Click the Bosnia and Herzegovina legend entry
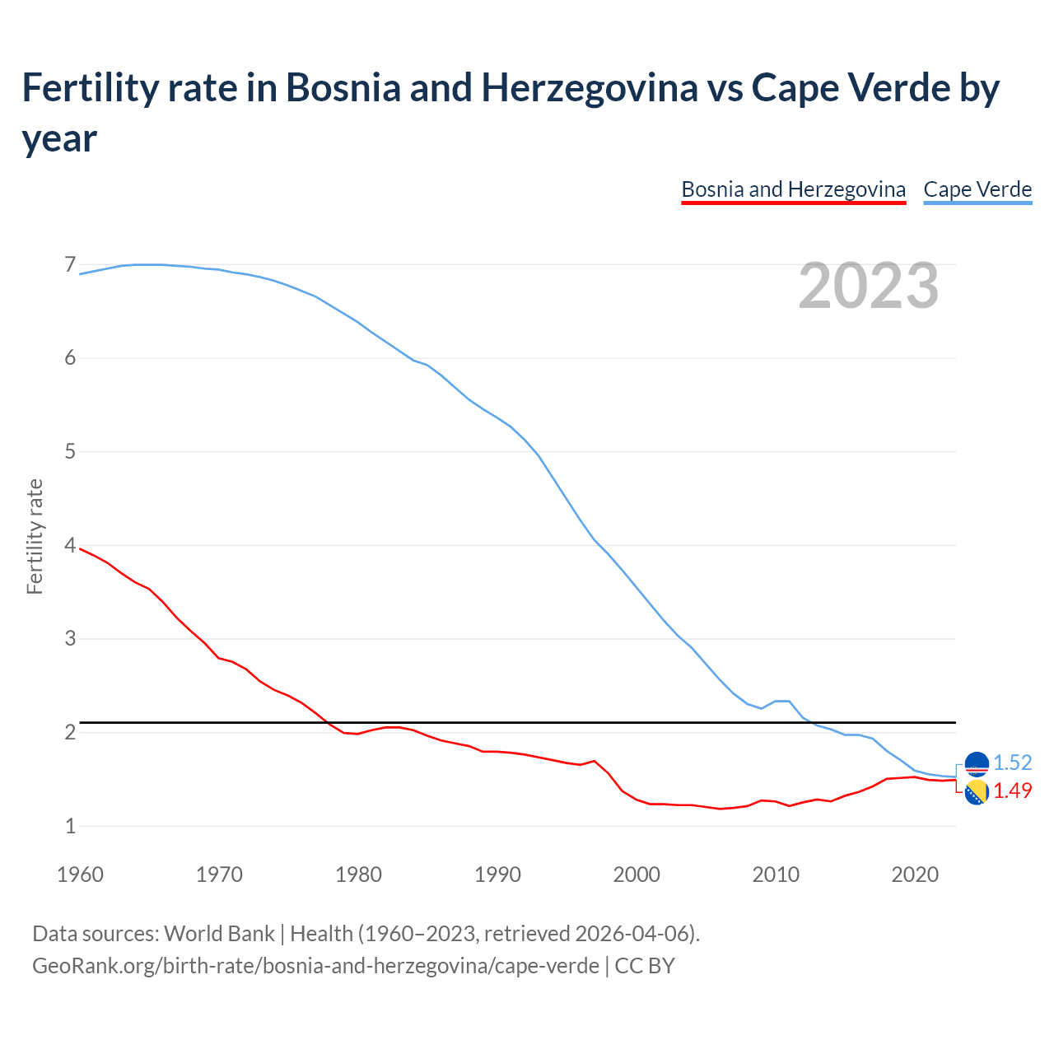click(x=793, y=190)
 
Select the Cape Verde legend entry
click(x=977, y=190)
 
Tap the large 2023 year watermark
click(x=869, y=286)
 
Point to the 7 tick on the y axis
click(x=70, y=265)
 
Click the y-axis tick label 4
click(x=70, y=545)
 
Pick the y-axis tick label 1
click(x=70, y=826)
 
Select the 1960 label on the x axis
click(x=80, y=874)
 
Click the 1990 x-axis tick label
click(x=497, y=874)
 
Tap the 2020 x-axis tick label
click(x=915, y=874)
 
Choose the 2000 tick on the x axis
click(x=637, y=874)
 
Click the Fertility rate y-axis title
click(x=35, y=537)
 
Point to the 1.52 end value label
click(x=1012, y=763)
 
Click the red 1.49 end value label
click(x=1012, y=791)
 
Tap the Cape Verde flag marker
click(x=977, y=764)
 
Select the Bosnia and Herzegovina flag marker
click(x=977, y=793)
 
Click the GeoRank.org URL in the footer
click(x=315, y=966)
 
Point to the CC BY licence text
click(x=645, y=966)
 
